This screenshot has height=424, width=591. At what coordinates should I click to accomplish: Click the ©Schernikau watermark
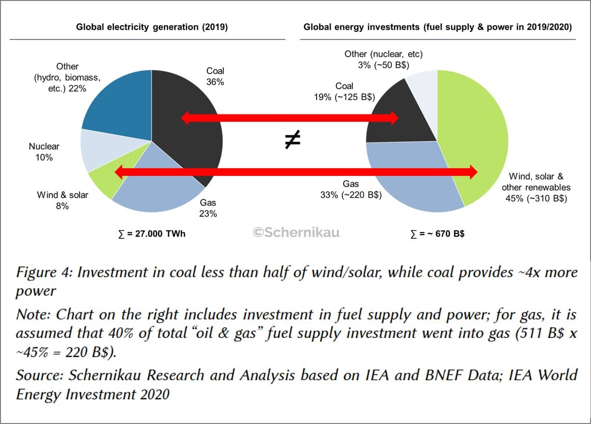pyautogui.click(x=296, y=233)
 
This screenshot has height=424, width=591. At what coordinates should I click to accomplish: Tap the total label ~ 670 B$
pyautogui.click(x=438, y=234)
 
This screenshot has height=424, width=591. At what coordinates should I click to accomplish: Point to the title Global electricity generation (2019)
pyautogui.click(x=152, y=27)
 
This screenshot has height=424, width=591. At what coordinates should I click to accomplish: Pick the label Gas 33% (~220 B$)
pyautogui.click(x=351, y=189)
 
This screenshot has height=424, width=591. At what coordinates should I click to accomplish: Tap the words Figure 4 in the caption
pyautogui.click(x=43, y=272)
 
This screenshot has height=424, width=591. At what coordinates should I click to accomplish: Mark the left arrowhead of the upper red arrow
pyautogui.click(x=185, y=118)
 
